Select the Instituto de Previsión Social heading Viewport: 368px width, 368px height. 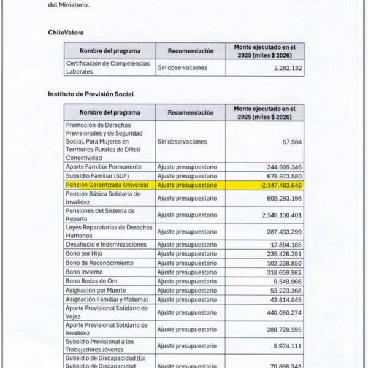click(x=91, y=94)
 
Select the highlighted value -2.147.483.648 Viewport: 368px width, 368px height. click(x=280, y=184)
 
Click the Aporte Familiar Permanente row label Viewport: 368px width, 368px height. click(x=104, y=166)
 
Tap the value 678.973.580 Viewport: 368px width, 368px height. click(x=280, y=175)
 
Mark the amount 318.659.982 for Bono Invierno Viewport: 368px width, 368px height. click(x=280, y=271)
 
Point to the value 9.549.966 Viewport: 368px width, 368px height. click(x=285, y=280)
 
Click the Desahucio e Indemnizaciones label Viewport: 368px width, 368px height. click(x=107, y=244)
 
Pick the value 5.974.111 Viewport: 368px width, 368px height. click(x=285, y=345)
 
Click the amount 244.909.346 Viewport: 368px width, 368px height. click(x=280, y=166)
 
